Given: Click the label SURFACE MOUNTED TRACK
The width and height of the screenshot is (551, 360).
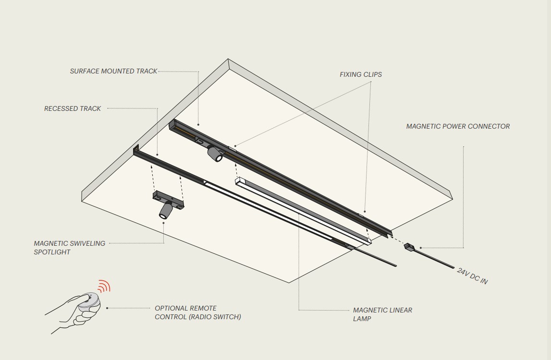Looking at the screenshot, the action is tap(113, 71).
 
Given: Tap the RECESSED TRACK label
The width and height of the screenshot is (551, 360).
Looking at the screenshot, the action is tap(73, 108).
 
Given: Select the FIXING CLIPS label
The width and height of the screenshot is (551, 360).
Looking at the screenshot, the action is tap(361, 74).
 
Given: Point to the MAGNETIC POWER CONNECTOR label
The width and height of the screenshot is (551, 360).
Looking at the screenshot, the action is tap(458, 126).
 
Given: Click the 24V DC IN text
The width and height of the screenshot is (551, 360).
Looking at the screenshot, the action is tap(472, 276).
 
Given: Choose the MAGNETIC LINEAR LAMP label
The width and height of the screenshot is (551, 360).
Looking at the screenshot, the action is tap(382, 314).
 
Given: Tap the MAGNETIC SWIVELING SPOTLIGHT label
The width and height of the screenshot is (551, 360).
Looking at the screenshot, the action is tap(70, 248).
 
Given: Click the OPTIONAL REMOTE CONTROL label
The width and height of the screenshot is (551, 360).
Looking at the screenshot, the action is tap(198, 312).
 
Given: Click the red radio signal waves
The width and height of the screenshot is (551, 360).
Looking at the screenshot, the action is tap(104, 286).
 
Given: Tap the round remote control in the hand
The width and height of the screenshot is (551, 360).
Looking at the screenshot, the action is tap(89, 301).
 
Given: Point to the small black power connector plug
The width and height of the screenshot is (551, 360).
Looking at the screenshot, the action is tap(408, 246).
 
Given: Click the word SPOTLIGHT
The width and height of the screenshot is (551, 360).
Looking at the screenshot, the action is tap(52, 252).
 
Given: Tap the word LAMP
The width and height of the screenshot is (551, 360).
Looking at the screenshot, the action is tap(362, 319).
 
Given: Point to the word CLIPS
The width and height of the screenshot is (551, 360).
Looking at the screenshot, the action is tap(371, 74).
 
